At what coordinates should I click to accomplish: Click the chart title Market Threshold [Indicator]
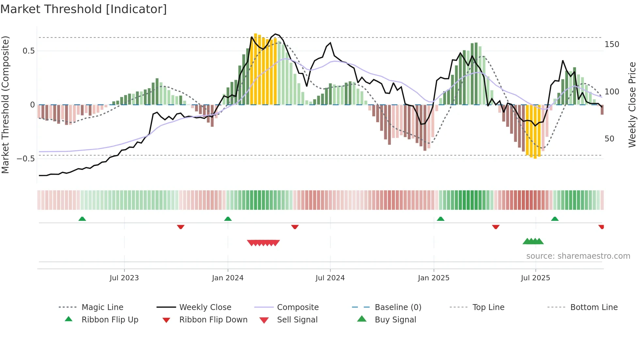click(84, 9)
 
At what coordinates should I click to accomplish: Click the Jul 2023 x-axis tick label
click(124, 278)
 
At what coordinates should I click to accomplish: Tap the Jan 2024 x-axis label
click(228, 278)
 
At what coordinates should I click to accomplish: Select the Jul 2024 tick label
click(330, 278)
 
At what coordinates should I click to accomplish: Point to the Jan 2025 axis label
click(433, 278)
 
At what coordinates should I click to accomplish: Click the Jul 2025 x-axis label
click(535, 278)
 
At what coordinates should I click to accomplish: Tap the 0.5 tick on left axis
click(28, 51)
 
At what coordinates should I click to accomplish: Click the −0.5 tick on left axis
click(26, 159)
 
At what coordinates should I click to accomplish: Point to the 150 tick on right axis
click(612, 44)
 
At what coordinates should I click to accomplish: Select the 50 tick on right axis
click(609, 139)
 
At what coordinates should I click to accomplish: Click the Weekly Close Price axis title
click(632, 105)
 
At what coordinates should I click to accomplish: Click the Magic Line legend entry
click(102, 307)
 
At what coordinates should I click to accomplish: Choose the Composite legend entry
click(297, 307)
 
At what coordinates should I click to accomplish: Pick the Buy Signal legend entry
click(395, 320)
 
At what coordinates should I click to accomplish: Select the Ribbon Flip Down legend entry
click(213, 320)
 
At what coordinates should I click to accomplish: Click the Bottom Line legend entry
click(594, 307)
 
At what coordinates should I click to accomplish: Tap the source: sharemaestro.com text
click(578, 256)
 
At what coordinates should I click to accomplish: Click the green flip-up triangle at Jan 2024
click(228, 219)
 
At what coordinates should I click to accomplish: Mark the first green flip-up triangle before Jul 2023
click(82, 219)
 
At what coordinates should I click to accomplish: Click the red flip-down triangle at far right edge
click(601, 227)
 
